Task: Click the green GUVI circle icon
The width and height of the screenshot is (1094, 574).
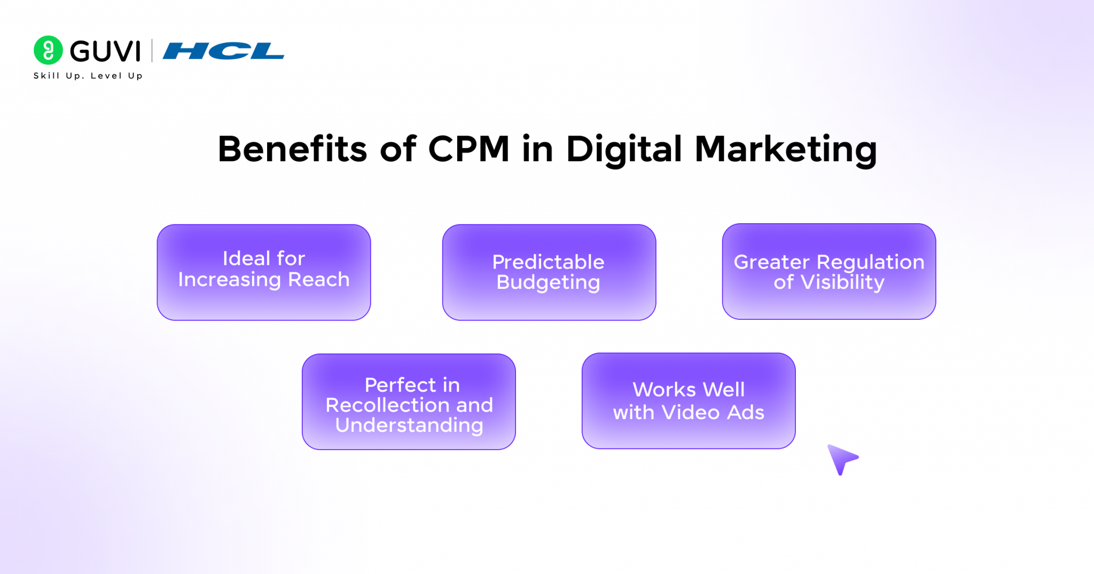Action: [48, 50]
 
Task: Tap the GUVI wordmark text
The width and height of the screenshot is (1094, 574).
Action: [105, 51]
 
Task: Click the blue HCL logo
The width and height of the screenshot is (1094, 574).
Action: [223, 51]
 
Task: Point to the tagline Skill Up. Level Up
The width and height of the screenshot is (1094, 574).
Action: [88, 76]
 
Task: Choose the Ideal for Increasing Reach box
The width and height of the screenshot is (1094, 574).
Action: [264, 272]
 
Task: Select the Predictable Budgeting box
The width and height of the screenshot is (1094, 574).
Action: [549, 272]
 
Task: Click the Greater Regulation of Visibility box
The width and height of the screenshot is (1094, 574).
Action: [829, 271]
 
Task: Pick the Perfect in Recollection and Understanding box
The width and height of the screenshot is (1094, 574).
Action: [409, 402]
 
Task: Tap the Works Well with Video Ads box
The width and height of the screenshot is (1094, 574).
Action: [689, 400]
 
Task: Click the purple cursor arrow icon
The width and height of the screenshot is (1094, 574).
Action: [842, 458]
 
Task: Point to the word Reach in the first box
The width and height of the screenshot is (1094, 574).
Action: [319, 279]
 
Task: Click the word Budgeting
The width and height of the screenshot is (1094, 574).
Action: [548, 282]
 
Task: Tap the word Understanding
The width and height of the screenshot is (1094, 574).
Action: [409, 426]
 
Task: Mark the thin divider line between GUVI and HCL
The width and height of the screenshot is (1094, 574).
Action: [152, 51]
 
